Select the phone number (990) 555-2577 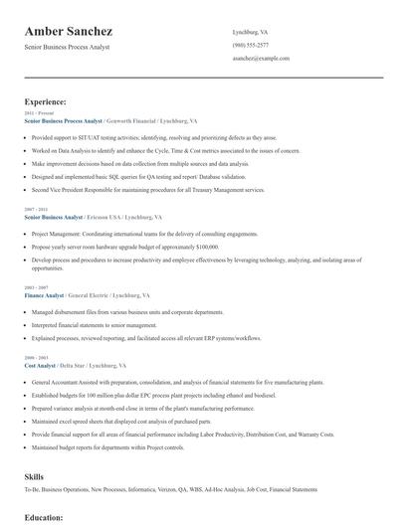(x=250, y=46)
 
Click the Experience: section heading (x=46, y=101)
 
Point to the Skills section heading (x=34, y=476)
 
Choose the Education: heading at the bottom (x=44, y=517)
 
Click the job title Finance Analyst (x=44, y=296)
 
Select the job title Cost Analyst (x=40, y=366)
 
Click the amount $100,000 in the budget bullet (x=201, y=246)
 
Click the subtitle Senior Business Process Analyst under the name (x=68, y=47)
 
